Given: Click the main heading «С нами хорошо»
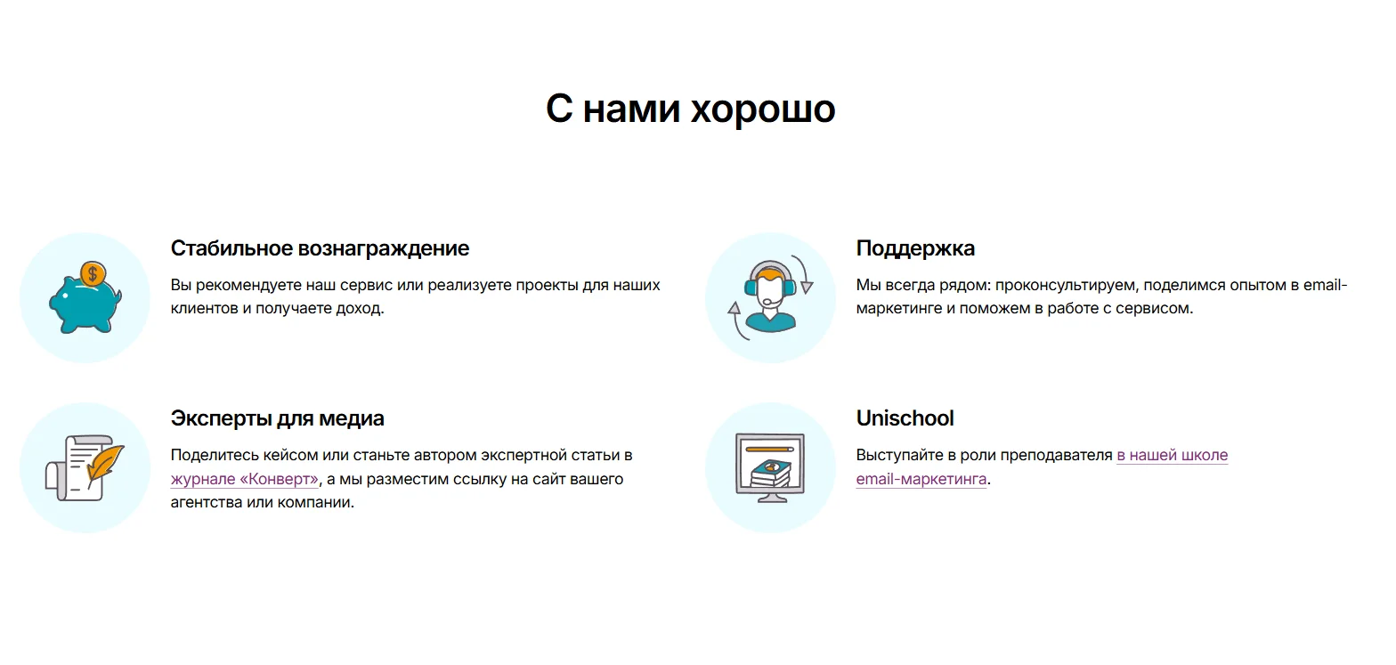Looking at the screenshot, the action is pyautogui.click(x=690, y=109).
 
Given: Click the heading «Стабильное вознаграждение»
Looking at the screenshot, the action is pyautogui.click(x=320, y=248).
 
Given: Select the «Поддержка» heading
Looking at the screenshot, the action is pyautogui.click(x=915, y=248).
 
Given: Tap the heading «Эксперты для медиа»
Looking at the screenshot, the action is pyautogui.click(x=278, y=418).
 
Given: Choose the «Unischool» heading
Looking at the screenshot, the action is pyautogui.click(x=905, y=418).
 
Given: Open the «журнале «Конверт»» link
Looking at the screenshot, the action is pyautogui.click(x=244, y=479).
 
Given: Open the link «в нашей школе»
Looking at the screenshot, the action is pyautogui.click(x=1173, y=455).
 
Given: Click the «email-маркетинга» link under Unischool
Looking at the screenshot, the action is pyautogui.click(x=921, y=479).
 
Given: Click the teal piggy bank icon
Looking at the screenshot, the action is pyautogui.click(x=85, y=304).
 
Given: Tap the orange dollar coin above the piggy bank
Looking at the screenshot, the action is pyautogui.click(x=93, y=273).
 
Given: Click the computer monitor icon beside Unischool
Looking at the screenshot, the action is pyautogui.click(x=770, y=467).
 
